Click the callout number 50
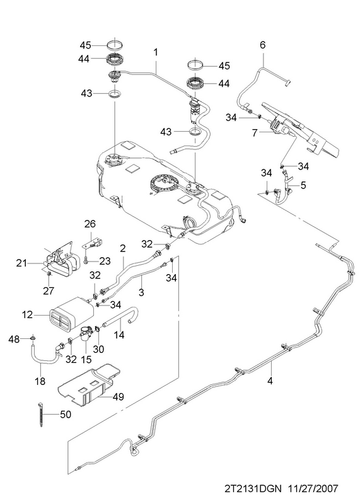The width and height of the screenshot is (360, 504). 66,415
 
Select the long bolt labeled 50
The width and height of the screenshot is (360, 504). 40,414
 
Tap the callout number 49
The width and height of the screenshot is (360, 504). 118,397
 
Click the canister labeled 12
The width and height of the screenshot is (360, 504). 71,315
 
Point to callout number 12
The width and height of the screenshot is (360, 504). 28,314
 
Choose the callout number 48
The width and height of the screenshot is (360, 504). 15,339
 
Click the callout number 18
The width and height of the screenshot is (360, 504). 40,381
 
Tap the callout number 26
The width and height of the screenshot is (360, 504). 90,224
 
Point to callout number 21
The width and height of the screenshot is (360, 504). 22,263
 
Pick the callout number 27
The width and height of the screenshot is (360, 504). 49,291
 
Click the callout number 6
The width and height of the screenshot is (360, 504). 262,45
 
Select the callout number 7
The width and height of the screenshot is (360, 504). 255,133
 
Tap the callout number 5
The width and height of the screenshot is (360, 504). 303,185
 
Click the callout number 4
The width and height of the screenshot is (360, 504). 270,381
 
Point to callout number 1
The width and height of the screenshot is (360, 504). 156,52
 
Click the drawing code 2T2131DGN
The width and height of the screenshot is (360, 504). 253,489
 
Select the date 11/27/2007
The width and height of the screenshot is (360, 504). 312,489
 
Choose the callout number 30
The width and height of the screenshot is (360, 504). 99,349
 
